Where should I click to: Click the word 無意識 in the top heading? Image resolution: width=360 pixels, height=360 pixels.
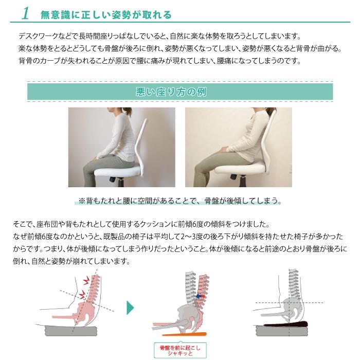tap(55, 14)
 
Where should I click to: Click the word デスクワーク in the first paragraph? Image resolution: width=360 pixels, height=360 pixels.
tap(39, 37)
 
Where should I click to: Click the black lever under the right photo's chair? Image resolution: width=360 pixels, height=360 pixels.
tap(235, 178)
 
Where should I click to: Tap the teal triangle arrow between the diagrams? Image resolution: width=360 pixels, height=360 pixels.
tap(131, 308)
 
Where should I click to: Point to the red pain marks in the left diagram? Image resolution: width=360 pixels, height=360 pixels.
tap(85, 286)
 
